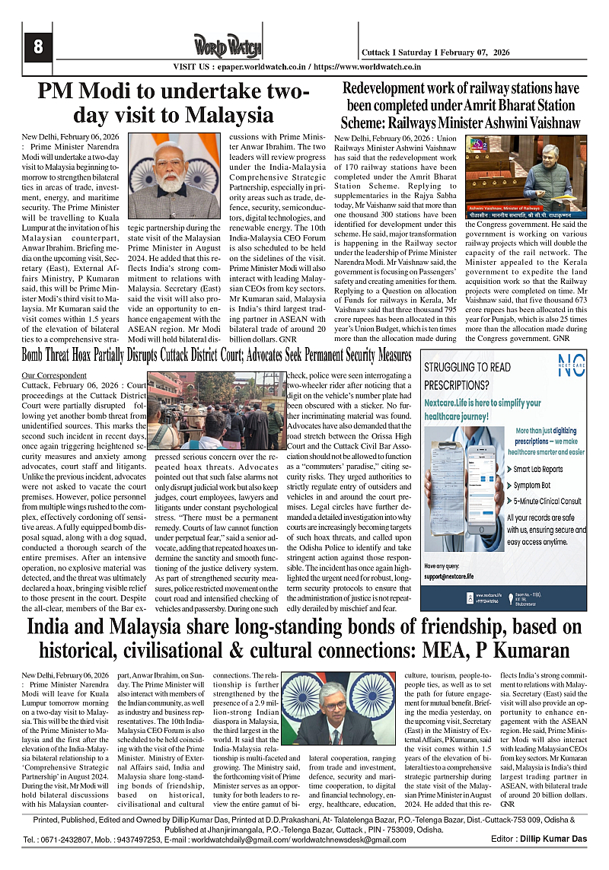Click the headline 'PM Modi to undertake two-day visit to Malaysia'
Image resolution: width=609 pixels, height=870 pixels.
174,104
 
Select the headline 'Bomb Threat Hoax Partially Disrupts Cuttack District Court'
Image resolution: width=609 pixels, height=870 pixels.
217,355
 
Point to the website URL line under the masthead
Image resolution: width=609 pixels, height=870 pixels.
304,66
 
